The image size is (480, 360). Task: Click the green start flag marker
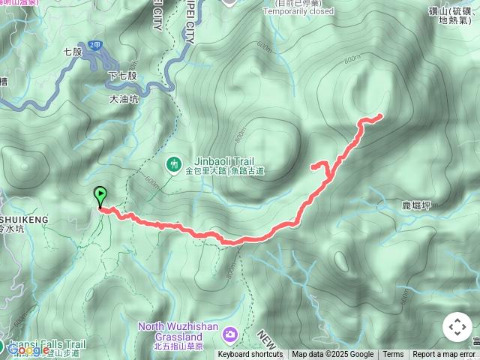point(100,196)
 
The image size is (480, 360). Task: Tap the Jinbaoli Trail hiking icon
point(173,163)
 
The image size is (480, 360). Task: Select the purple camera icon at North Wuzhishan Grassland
point(230,333)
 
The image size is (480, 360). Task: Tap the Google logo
point(28,349)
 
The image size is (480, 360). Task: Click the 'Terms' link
point(393,355)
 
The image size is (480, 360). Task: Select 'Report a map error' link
point(445,355)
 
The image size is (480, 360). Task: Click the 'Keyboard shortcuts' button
point(250,355)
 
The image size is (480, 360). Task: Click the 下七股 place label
point(122,76)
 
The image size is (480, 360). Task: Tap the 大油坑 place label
point(124,97)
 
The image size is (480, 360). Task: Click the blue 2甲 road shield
point(94,46)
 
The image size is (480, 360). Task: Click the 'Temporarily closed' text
point(299,12)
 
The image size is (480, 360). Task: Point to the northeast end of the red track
point(380,115)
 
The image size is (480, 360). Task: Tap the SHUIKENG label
point(24,219)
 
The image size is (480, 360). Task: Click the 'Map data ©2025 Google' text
point(332,355)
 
